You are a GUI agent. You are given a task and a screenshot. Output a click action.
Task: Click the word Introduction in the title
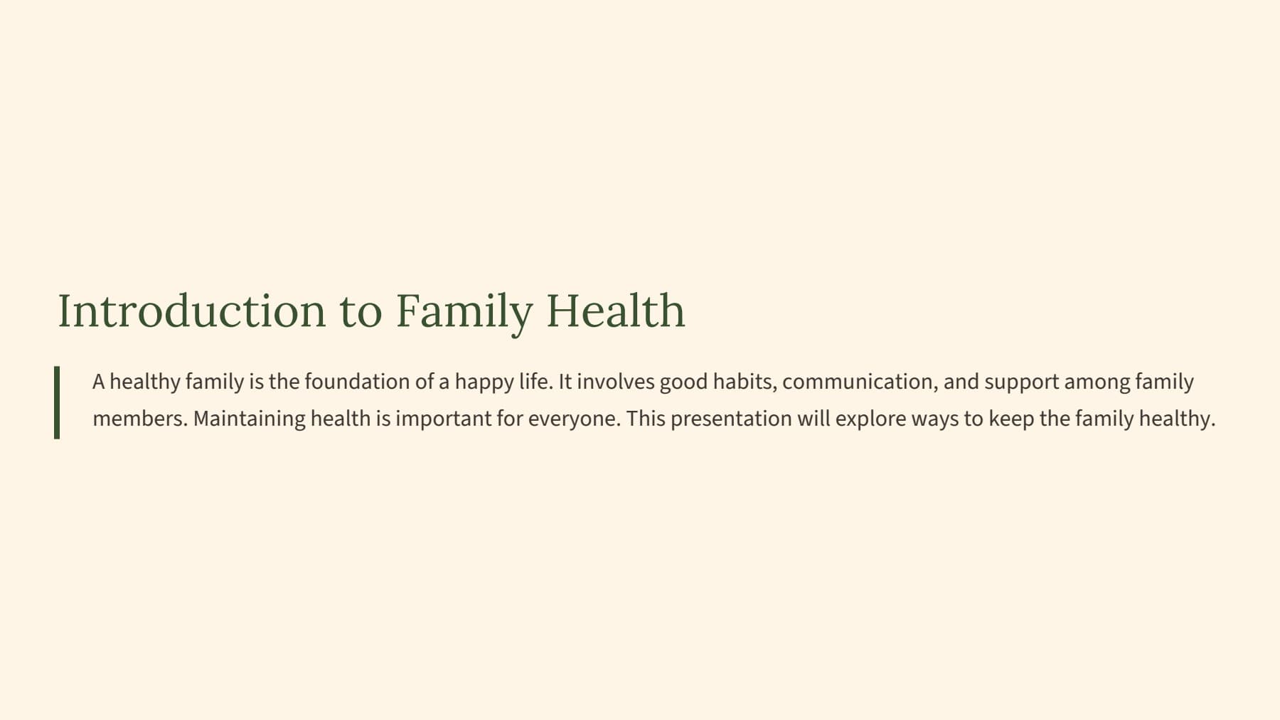(192, 311)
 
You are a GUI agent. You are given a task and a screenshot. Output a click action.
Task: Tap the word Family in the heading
(464, 313)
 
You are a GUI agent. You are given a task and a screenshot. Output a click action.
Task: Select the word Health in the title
(616, 311)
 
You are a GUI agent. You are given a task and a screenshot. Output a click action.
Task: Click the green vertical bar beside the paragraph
(57, 402)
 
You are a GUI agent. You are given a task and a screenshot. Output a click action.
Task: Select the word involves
(615, 382)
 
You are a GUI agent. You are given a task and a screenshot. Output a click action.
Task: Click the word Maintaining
(250, 419)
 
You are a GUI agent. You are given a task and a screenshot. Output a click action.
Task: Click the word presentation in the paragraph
(731, 419)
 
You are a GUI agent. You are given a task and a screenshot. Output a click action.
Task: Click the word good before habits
(683, 383)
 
